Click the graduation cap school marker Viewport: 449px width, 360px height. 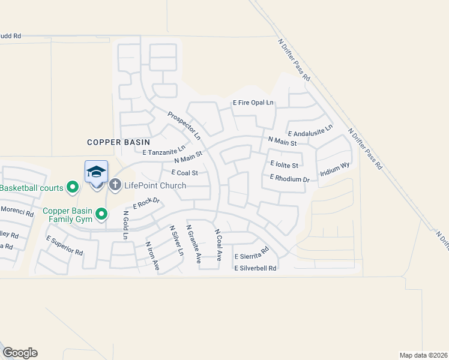(x=96, y=173)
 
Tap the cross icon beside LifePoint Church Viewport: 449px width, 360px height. (x=115, y=185)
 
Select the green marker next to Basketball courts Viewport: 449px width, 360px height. (x=73, y=188)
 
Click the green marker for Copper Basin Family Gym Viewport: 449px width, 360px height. (x=101, y=213)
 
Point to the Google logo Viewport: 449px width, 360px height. (x=20, y=353)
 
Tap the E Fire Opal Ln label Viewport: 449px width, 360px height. (x=253, y=103)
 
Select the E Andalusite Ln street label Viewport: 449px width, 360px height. (x=310, y=134)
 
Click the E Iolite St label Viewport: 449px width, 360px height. (x=284, y=163)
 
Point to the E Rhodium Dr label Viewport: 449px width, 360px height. (x=289, y=178)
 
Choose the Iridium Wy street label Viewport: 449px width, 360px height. (x=335, y=169)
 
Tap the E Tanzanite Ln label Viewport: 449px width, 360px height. (x=164, y=152)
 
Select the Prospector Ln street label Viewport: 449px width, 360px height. (x=184, y=127)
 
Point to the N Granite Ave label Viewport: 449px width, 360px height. (x=193, y=244)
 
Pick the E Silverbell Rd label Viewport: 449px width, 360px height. (x=255, y=268)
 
